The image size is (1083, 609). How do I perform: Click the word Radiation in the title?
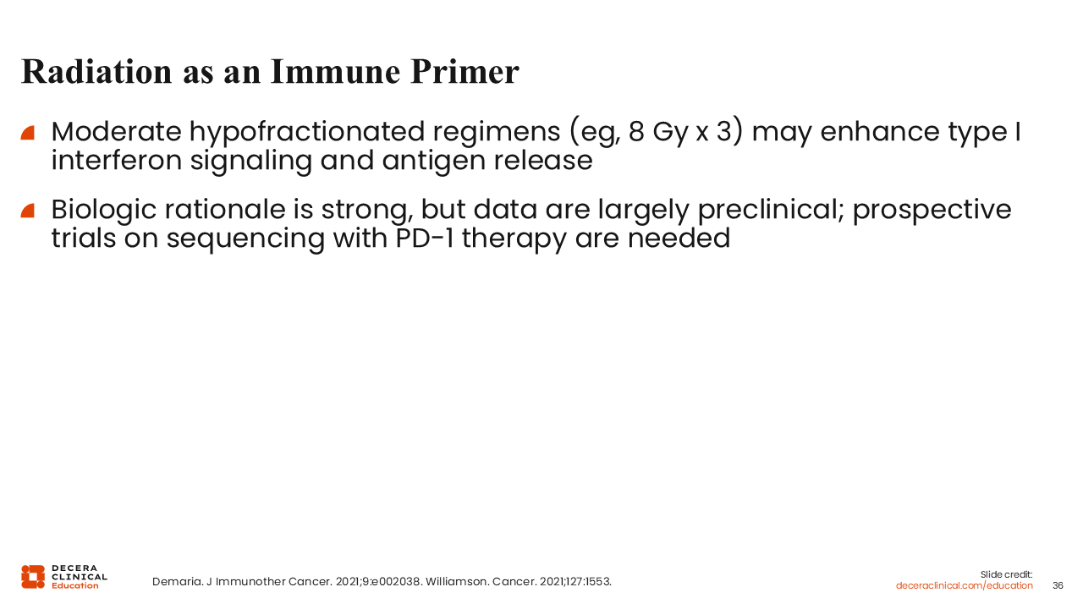pos(96,72)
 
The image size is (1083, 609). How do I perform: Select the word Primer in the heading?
pos(465,72)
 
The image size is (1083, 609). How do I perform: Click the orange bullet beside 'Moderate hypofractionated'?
pos(28,133)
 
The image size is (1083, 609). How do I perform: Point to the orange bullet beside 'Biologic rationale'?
pos(28,211)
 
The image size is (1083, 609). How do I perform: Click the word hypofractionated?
pos(306,132)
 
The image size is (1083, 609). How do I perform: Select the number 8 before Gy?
pos(635,131)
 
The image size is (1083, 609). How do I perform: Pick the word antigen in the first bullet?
pos(433,162)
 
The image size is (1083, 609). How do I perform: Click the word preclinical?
pos(771,210)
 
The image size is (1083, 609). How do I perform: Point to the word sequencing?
pos(245,239)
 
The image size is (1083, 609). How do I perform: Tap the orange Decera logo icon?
pos(33,577)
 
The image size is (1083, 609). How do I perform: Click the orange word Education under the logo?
pos(75,586)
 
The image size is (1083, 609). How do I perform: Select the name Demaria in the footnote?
pos(177,581)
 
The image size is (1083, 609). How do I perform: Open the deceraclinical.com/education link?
pos(964,585)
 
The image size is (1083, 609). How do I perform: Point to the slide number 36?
pos(1058,585)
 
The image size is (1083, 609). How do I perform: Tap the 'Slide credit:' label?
pos(1006,574)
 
